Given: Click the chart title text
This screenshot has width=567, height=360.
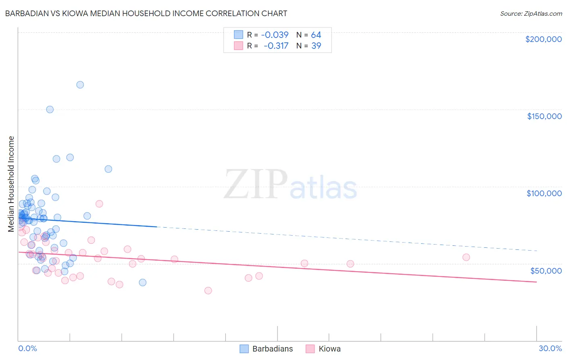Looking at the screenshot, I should [x=146, y=13].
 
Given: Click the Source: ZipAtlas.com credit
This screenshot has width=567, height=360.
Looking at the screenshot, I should [x=531, y=13].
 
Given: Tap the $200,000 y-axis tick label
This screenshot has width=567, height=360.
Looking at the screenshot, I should [x=543, y=39].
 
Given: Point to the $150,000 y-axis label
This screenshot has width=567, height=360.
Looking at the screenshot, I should [x=544, y=116].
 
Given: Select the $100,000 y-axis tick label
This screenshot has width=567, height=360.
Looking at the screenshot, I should [x=544, y=193].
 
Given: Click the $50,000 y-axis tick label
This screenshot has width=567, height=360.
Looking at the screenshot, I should [x=546, y=270].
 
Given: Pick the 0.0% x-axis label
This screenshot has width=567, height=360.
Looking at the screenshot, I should [x=27, y=348].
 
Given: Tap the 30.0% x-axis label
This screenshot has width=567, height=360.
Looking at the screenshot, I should [x=550, y=348].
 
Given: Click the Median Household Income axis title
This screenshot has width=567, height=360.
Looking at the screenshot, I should [x=11, y=184].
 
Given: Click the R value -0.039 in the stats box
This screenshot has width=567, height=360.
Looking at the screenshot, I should [x=275, y=35].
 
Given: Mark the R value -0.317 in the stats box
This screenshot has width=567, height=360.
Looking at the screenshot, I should [x=276, y=46].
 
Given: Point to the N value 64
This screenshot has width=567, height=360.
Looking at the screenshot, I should [x=316, y=35].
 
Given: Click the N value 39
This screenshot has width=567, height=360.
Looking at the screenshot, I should [x=316, y=46].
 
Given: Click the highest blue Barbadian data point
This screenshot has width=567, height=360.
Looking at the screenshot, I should [x=80, y=85].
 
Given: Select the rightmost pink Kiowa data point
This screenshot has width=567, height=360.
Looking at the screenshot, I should [x=466, y=257].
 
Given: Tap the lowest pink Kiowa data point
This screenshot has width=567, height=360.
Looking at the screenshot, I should [x=208, y=291].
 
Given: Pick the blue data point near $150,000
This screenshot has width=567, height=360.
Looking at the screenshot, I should [x=50, y=109].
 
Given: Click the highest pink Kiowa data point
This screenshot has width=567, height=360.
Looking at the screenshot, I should [x=99, y=204].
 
